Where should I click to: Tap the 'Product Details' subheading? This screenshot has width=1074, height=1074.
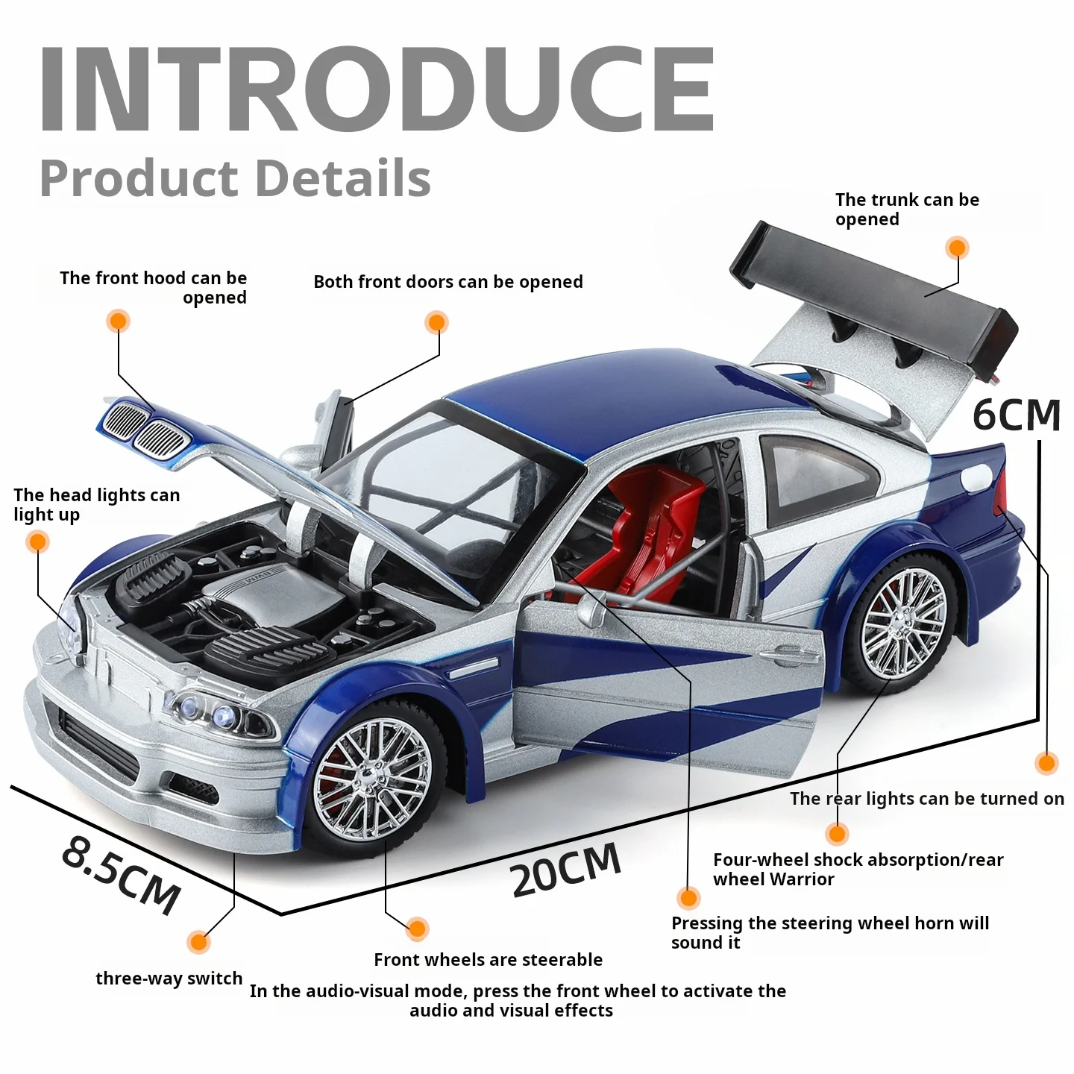coord(235,178)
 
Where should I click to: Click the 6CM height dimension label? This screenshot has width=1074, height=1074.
coord(1016,415)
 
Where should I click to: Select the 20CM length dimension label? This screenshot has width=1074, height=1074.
coord(565,870)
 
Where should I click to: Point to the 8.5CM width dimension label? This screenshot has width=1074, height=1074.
coord(121,876)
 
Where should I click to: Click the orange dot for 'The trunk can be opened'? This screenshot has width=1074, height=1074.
coord(958,248)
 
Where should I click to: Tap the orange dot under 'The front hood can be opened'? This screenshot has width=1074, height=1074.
coord(118,321)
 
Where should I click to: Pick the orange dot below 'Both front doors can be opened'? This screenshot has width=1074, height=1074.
coord(436,322)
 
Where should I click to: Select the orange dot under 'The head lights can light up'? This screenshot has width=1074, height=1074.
coord(37,541)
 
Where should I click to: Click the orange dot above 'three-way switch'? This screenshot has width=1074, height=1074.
coord(198,942)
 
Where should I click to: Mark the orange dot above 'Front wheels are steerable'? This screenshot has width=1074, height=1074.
coord(417,929)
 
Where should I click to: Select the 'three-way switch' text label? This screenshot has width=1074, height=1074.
coord(169,978)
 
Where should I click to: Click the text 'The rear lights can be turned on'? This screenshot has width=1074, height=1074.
coord(927,798)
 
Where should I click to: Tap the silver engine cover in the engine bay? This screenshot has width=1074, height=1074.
coord(273,591)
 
